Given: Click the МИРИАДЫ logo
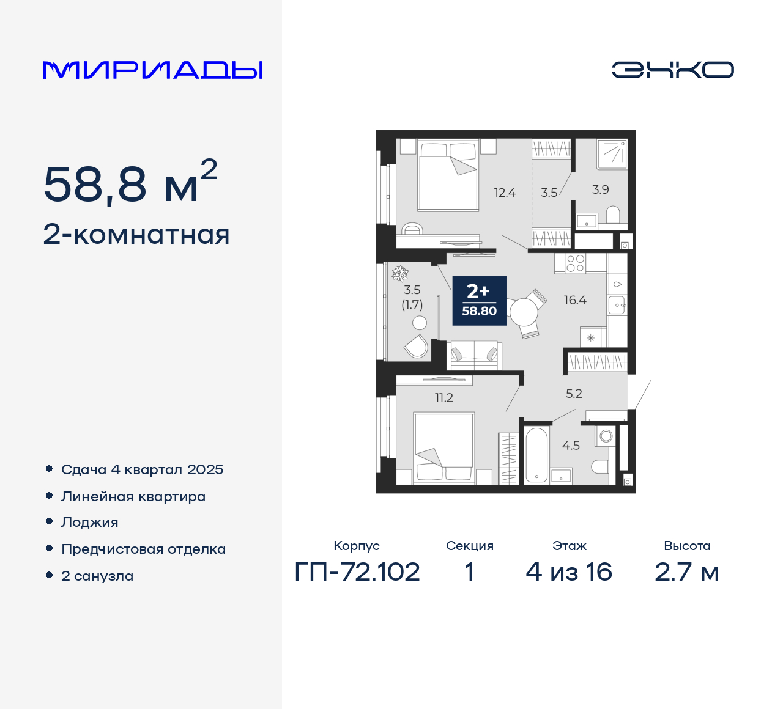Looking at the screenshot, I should click(x=153, y=70).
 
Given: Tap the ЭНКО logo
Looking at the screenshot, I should click(x=673, y=70).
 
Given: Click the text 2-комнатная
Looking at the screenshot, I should click(x=136, y=235).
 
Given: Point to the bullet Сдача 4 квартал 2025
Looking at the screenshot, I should click(x=142, y=469).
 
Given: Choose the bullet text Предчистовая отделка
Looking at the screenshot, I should click(x=143, y=549).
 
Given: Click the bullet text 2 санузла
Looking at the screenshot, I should click(x=97, y=576).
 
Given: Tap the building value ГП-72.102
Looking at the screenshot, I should click(x=357, y=572).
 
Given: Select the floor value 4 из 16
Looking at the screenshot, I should click(x=569, y=572).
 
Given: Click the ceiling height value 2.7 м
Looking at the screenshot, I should click(x=687, y=572).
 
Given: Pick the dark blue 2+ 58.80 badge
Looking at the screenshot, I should click(x=479, y=301).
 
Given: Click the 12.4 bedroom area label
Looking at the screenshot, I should click(x=505, y=193).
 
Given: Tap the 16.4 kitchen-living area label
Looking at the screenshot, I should click(x=575, y=300).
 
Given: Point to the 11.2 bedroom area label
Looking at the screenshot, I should click(x=444, y=398).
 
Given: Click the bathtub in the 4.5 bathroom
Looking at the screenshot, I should click(x=536, y=455).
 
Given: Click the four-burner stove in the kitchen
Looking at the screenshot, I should click(x=576, y=263).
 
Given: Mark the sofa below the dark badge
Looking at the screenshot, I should click(x=474, y=356).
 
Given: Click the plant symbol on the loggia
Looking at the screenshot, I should click(x=400, y=273).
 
